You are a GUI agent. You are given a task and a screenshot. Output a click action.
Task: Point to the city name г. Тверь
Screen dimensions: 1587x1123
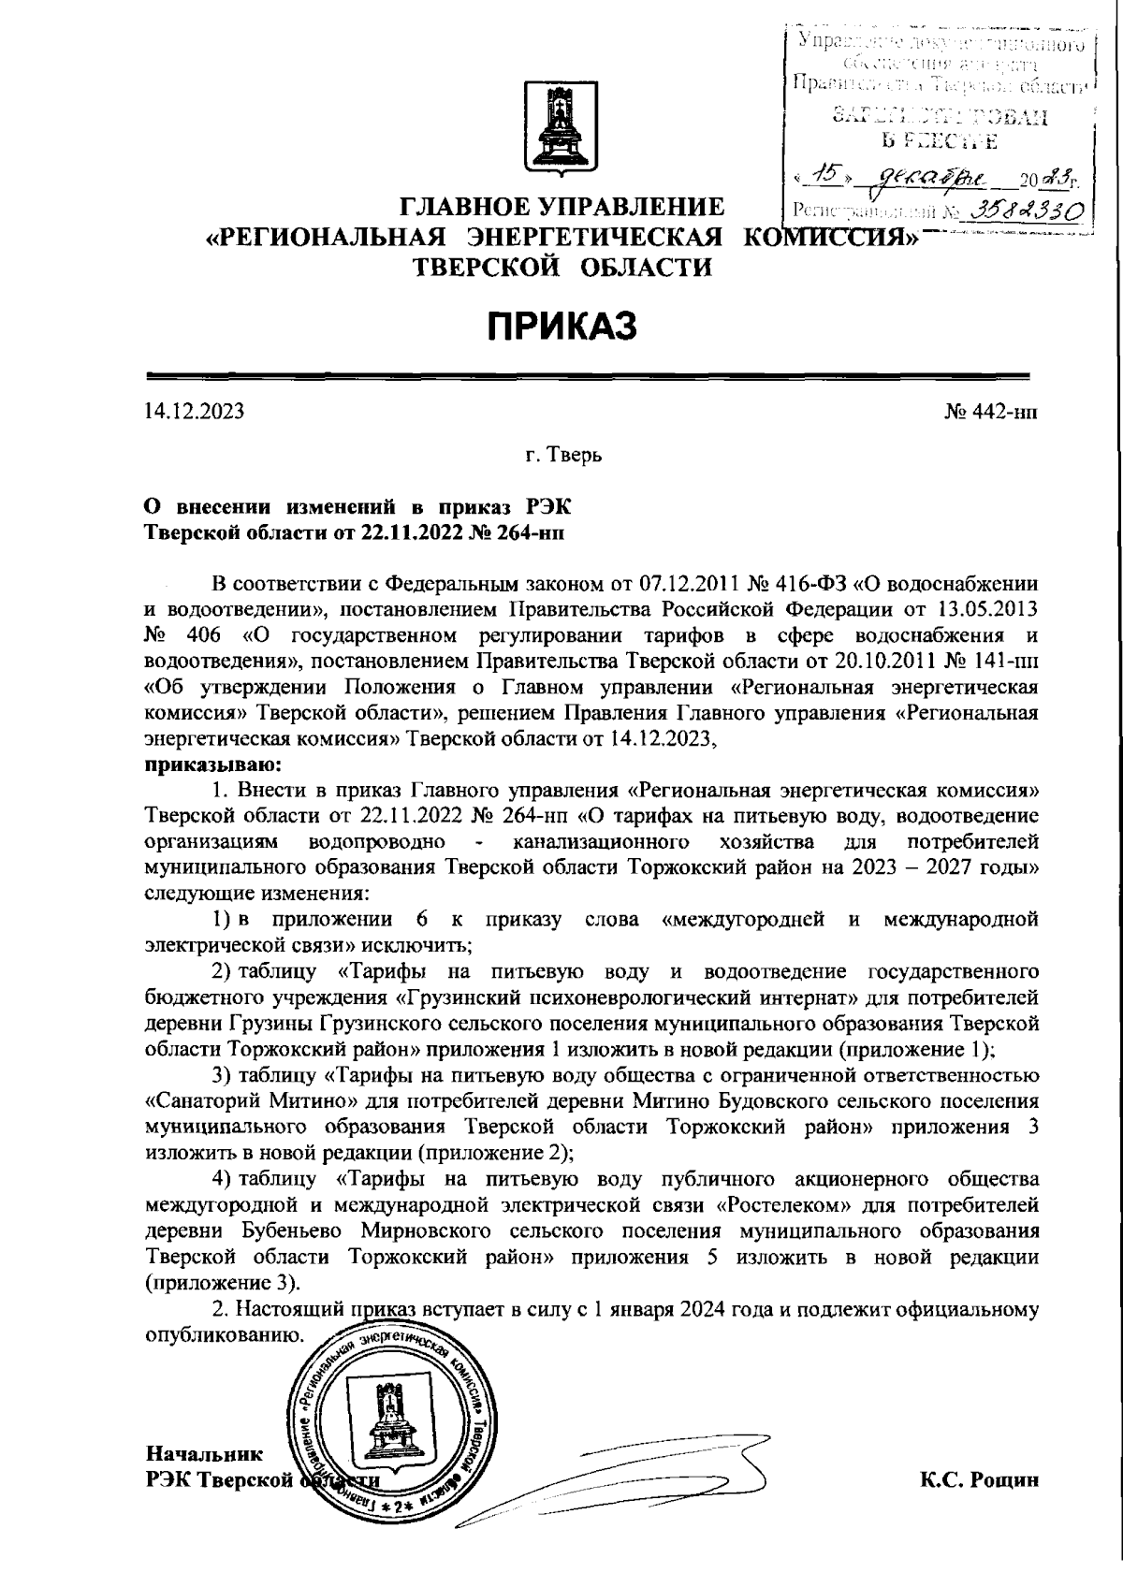[563, 457]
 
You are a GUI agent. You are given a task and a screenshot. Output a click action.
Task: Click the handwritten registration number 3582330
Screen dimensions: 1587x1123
[1026, 210]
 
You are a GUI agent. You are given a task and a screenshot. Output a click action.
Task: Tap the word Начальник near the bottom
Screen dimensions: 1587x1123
[204, 1455]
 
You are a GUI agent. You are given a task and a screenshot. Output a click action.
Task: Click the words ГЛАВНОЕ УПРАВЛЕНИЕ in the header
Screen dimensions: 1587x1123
[562, 206]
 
